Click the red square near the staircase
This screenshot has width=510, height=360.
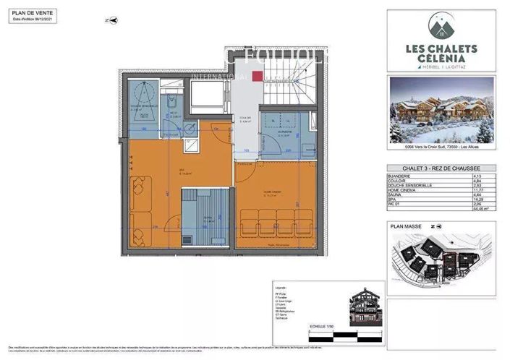257,77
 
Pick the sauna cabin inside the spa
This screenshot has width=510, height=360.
206,215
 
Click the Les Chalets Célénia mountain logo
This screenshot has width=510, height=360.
441,28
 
